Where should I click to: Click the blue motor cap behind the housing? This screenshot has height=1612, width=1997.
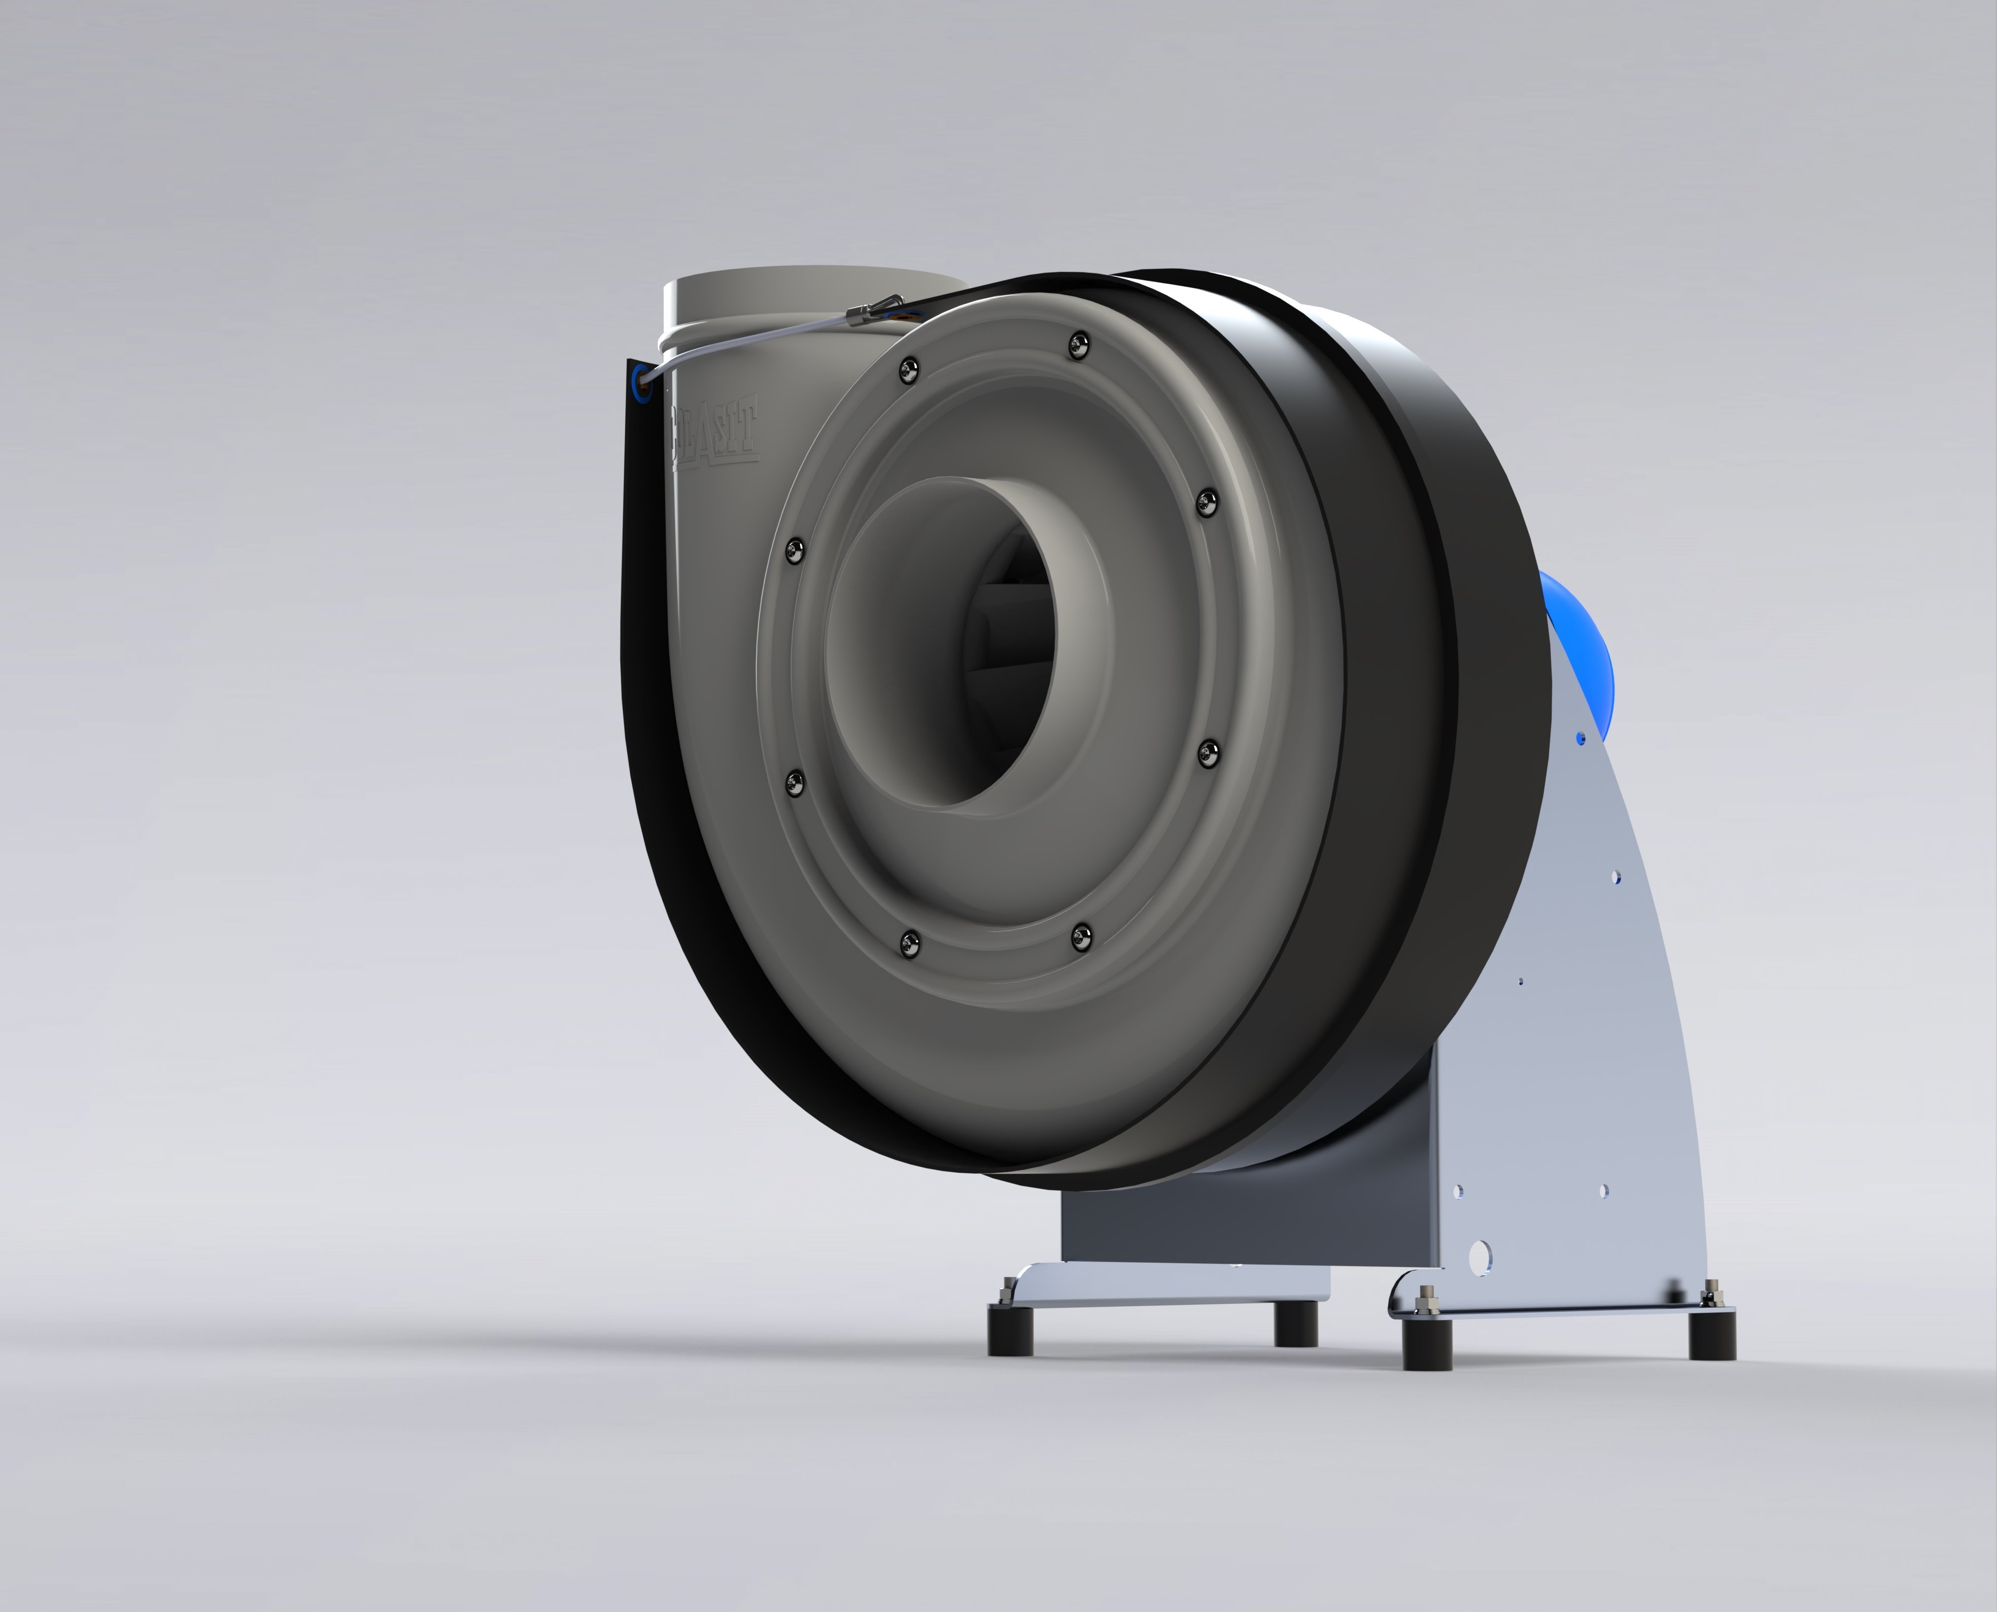pos(1574,650)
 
